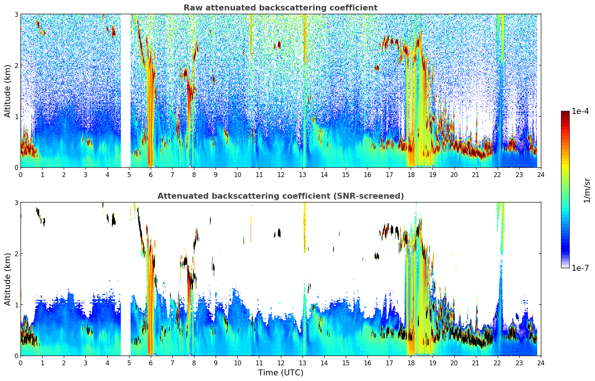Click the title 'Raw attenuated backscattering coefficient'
point(280,8)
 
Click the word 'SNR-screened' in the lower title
point(376,196)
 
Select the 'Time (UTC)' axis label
point(281,372)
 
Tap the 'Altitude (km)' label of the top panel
point(7,91)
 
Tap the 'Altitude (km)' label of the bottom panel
point(7,279)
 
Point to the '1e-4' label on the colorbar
point(580,111)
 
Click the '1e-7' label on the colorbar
point(580,268)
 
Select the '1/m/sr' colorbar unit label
point(587,190)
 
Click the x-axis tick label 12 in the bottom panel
point(281,363)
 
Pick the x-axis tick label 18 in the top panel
point(411,174)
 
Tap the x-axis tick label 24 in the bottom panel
point(541,363)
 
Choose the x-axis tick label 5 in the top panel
point(129,174)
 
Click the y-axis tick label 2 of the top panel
point(16,65)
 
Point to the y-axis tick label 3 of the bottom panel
point(16,202)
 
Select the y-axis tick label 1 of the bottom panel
point(16,305)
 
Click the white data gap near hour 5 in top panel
point(125,90)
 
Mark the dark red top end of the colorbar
point(565,113)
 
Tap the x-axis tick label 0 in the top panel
point(21,174)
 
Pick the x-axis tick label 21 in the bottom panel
point(476,363)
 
